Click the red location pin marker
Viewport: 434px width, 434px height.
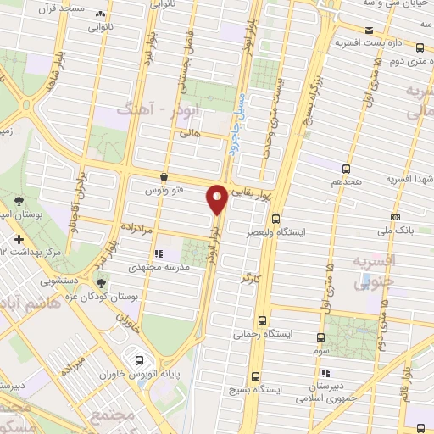[217, 198]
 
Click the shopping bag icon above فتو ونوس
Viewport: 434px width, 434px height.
[163, 177]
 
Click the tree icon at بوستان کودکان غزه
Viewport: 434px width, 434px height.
[101, 284]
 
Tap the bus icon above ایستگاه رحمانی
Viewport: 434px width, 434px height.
[261, 320]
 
